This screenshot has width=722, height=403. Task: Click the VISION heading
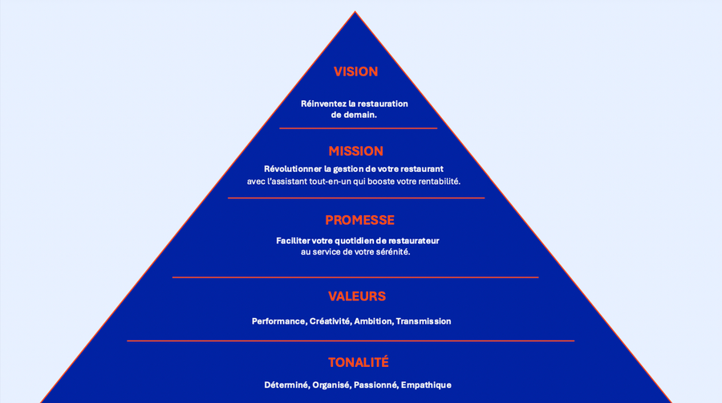[x=355, y=71]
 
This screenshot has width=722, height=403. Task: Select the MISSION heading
[x=355, y=151]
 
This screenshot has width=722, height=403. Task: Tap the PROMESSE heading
[x=359, y=220]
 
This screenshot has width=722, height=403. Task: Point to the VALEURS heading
[x=356, y=296]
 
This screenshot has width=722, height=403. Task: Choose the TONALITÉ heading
[x=358, y=362]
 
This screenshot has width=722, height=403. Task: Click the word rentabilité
[x=434, y=181]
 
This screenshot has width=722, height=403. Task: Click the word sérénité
[x=391, y=252]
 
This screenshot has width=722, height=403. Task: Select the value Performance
[x=278, y=321]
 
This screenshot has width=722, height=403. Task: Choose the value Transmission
[x=423, y=321]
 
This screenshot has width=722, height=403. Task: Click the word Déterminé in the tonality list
[x=286, y=385]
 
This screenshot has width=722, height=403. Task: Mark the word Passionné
[x=375, y=385]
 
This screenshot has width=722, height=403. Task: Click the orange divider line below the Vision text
[x=358, y=128]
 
